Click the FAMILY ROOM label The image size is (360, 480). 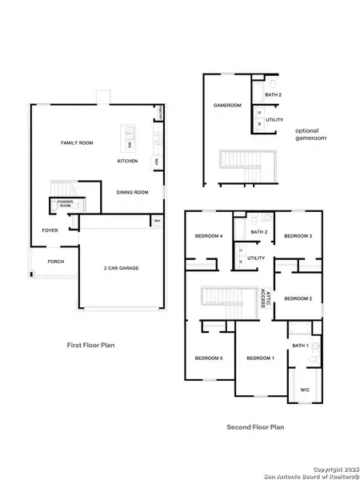coord(78,142)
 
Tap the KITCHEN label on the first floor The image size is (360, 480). coord(128,162)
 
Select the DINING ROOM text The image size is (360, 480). coord(133,192)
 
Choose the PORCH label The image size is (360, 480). coord(56,262)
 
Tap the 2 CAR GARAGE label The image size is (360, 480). coord(122,268)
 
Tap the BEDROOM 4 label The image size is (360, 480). coord(209,236)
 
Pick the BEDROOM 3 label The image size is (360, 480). coord(298,236)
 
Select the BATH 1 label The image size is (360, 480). coord(300,346)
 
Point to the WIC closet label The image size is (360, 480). coord(305,390)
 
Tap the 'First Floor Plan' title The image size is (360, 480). coord(93,345)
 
